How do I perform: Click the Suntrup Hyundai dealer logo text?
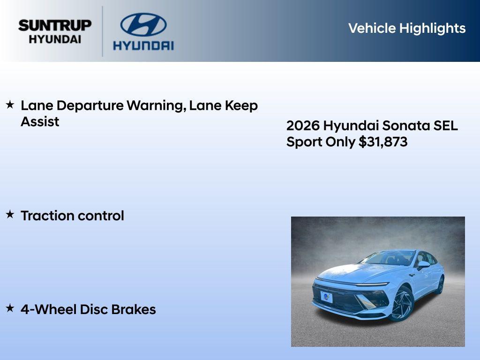point(55,31)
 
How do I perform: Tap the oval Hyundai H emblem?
point(143,24)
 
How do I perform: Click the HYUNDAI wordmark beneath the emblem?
point(143,45)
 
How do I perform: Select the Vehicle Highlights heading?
point(406,28)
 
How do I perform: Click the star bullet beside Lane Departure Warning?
point(10,105)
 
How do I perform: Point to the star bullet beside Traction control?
point(10,215)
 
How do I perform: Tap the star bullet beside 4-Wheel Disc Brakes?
point(10,308)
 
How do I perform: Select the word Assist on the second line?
point(40,122)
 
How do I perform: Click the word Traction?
point(47,216)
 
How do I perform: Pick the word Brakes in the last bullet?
point(136,309)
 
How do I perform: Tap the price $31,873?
point(383,142)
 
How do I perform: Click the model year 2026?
point(303,126)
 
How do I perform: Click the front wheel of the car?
point(402,304)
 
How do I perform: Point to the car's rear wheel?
point(440,285)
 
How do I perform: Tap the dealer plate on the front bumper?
point(326,297)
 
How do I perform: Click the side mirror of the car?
point(423,265)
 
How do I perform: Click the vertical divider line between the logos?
point(103,31)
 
